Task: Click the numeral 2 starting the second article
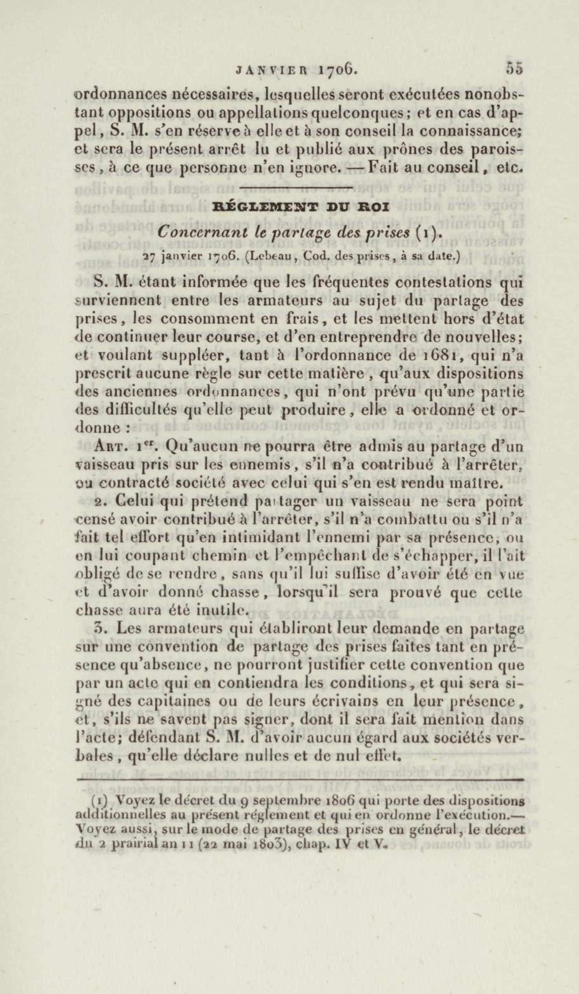(99, 502)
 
